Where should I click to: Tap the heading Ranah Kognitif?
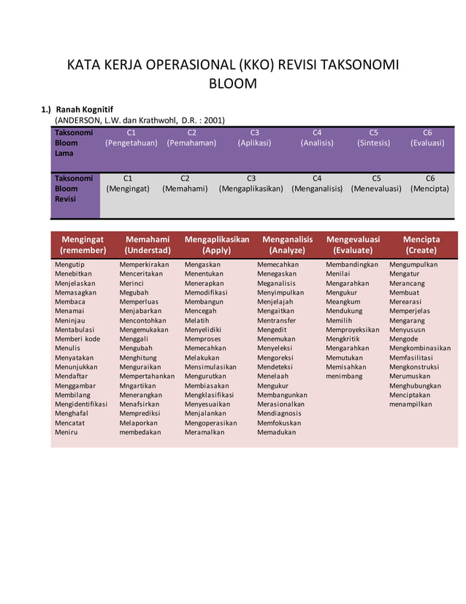pyautogui.click(x=85, y=109)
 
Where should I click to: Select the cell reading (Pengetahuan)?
pyautogui.click(x=131, y=143)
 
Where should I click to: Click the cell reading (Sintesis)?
pyautogui.click(x=373, y=143)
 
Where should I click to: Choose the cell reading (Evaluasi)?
pyautogui.click(x=427, y=143)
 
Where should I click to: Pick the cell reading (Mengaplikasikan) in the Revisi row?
pyautogui.click(x=251, y=189)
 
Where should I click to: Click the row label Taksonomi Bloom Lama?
pyautogui.click(x=74, y=143)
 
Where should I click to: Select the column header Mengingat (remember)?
pyautogui.click(x=83, y=244)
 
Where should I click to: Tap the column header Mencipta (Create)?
pyautogui.click(x=421, y=244)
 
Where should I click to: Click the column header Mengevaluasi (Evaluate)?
pyautogui.click(x=358, y=244)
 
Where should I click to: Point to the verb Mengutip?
pyautogui.click(x=70, y=265)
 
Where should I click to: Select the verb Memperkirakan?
pyautogui.click(x=144, y=265)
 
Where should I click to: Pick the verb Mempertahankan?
pyautogui.click(x=147, y=377)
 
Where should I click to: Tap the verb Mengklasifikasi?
pyautogui.click(x=209, y=396)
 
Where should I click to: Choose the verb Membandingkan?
pyautogui.click(x=352, y=265)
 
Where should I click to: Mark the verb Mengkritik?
pyautogui.click(x=343, y=339)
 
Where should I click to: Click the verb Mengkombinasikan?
pyautogui.click(x=420, y=349)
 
